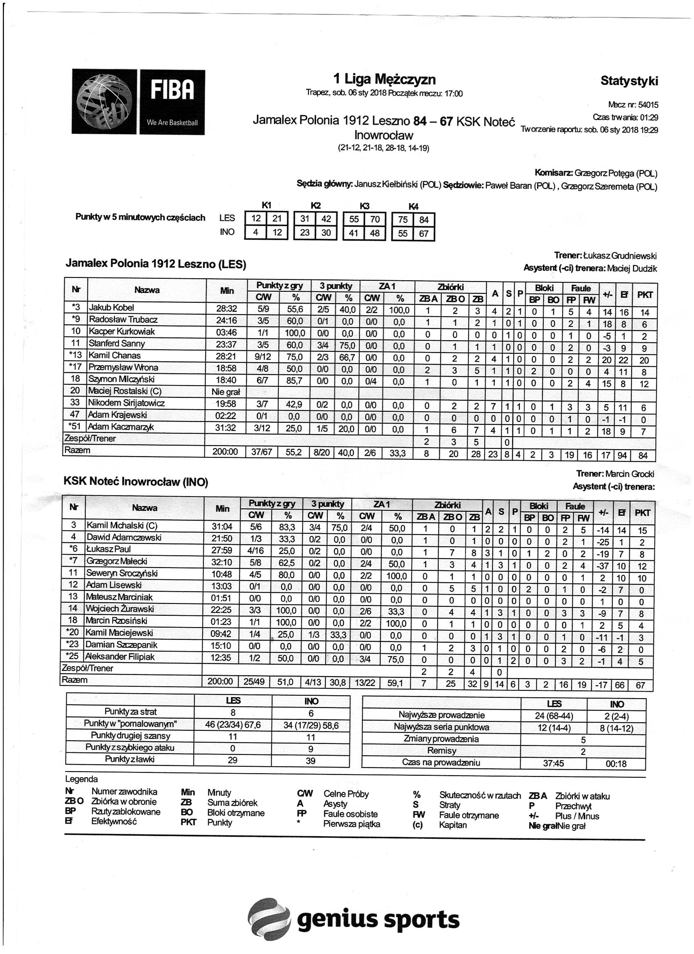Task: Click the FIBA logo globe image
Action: click(105, 102)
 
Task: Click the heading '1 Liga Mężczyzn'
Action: click(384, 79)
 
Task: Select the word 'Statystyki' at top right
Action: click(629, 81)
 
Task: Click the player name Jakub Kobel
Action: click(111, 308)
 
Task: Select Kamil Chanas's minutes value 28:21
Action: click(227, 356)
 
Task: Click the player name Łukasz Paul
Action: click(109, 549)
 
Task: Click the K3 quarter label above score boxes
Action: click(365, 206)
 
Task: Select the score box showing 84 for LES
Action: click(423, 220)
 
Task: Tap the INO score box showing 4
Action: click(255, 233)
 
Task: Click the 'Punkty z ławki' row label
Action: click(130, 759)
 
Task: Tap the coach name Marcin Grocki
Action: click(629, 474)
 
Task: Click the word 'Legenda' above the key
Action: click(81, 779)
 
